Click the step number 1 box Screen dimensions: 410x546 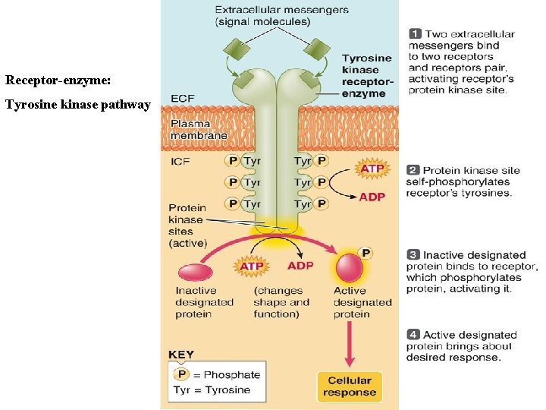(415, 34)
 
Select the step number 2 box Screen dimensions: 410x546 (413, 171)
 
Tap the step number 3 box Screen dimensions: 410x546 (413, 255)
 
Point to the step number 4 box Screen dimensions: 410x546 (413, 335)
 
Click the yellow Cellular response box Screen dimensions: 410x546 (349, 386)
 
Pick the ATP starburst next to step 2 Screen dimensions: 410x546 (372, 169)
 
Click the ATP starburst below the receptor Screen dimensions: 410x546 (251, 266)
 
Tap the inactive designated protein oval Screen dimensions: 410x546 (195, 272)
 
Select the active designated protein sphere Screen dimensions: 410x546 (350, 268)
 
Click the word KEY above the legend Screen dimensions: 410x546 (181, 355)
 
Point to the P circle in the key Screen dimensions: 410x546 (181, 374)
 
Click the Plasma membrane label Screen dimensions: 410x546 (198, 129)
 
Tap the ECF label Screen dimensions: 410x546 (182, 99)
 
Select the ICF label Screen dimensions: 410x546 (180, 161)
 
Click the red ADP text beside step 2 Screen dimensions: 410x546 (372, 197)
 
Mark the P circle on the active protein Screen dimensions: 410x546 (366, 253)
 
